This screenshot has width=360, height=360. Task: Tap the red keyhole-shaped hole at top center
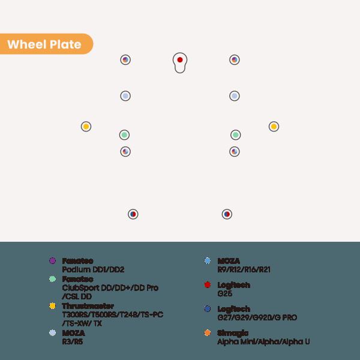(180, 60)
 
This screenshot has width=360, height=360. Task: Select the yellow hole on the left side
(86, 127)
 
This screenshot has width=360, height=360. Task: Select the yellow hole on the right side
(274, 127)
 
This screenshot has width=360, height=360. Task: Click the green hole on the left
(124, 134)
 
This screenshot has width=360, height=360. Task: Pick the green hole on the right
(236, 134)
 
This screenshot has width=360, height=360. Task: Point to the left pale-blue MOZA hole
(125, 96)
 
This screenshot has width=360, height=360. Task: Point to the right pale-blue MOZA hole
(235, 96)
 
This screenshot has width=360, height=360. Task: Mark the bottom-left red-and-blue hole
(133, 214)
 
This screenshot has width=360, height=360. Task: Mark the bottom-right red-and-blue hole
(227, 214)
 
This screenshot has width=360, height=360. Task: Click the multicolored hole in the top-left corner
(125, 60)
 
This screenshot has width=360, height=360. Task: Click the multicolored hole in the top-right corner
(235, 60)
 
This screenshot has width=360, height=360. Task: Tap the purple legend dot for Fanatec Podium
(52, 261)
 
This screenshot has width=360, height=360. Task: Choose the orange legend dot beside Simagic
(207, 333)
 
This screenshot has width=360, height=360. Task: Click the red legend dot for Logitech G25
(207, 285)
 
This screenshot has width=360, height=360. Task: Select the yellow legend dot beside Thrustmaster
(52, 306)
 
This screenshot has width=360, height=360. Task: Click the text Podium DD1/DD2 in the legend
(93, 270)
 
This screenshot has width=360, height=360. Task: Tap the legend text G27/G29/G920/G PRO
(257, 317)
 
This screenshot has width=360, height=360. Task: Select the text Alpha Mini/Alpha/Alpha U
(263, 341)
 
